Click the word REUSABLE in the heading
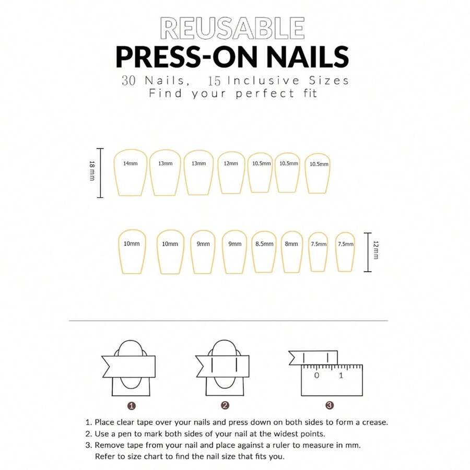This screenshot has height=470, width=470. tap(232, 28)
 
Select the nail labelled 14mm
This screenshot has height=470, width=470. tap(130, 172)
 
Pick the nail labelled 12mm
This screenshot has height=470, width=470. tap(231, 172)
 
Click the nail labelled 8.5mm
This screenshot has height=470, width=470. tap(264, 251)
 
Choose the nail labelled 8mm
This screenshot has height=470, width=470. tap(292, 251)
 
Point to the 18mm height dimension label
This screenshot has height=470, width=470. tap(92, 172)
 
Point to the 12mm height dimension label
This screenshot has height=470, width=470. tap(376, 252)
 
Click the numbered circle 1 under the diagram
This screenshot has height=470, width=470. tap(132, 405)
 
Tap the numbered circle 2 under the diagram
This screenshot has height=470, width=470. tap(225, 405)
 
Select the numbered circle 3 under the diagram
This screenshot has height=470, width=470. tap(330, 405)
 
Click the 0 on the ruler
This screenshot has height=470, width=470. tap(316, 375)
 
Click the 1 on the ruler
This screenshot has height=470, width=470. tap(341, 375)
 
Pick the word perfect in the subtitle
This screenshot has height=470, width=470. tap(257, 94)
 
